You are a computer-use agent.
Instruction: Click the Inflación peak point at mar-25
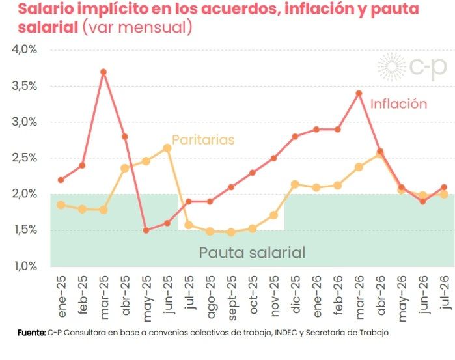click(103, 72)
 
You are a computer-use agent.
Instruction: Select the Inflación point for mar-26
click(359, 94)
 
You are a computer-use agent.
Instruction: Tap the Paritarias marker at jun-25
click(167, 148)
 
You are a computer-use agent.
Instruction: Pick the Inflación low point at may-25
click(146, 230)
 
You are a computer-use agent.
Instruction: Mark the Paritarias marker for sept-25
click(231, 232)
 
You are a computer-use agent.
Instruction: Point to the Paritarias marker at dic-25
click(295, 184)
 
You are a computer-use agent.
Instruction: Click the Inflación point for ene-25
click(61, 180)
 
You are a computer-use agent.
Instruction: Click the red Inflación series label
click(399, 104)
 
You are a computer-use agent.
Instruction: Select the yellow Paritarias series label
click(203, 140)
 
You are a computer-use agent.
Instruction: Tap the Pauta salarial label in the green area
click(252, 253)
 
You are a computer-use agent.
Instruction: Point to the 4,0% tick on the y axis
click(25, 49)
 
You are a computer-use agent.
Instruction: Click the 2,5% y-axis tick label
click(25, 158)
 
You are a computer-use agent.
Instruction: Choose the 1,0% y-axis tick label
click(25, 266)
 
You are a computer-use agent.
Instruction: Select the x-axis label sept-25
click(232, 298)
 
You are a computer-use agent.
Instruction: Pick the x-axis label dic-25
click(296, 294)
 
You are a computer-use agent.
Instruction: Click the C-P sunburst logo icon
click(391, 67)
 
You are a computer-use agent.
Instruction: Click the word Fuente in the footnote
click(31, 333)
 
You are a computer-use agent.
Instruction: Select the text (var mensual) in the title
click(137, 27)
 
